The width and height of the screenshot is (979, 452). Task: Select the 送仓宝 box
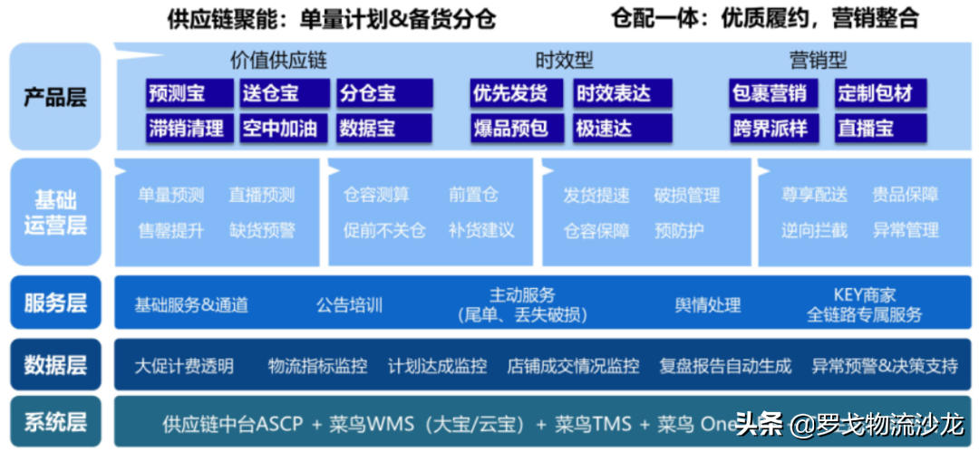tap(283, 92)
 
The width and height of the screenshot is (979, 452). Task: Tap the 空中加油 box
tap(283, 129)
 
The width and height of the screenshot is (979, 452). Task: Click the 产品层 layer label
tap(55, 97)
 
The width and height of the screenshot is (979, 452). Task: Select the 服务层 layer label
tap(55, 303)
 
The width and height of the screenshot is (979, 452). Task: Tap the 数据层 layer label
tap(55, 365)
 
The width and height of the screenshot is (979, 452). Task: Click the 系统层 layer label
tap(55, 421)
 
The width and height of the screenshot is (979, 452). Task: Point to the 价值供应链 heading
tap(278, 61)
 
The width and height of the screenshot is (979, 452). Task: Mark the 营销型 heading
tap(818, 61)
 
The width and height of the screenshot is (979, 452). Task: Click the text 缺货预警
tap(262, 231)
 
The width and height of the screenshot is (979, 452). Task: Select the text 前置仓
tap(473, 195)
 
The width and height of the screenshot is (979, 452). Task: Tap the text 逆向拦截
tap(814, 231)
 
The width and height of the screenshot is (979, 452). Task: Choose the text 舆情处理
tap(708, 305)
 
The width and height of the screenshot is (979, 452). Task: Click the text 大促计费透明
tap(184, 366)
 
